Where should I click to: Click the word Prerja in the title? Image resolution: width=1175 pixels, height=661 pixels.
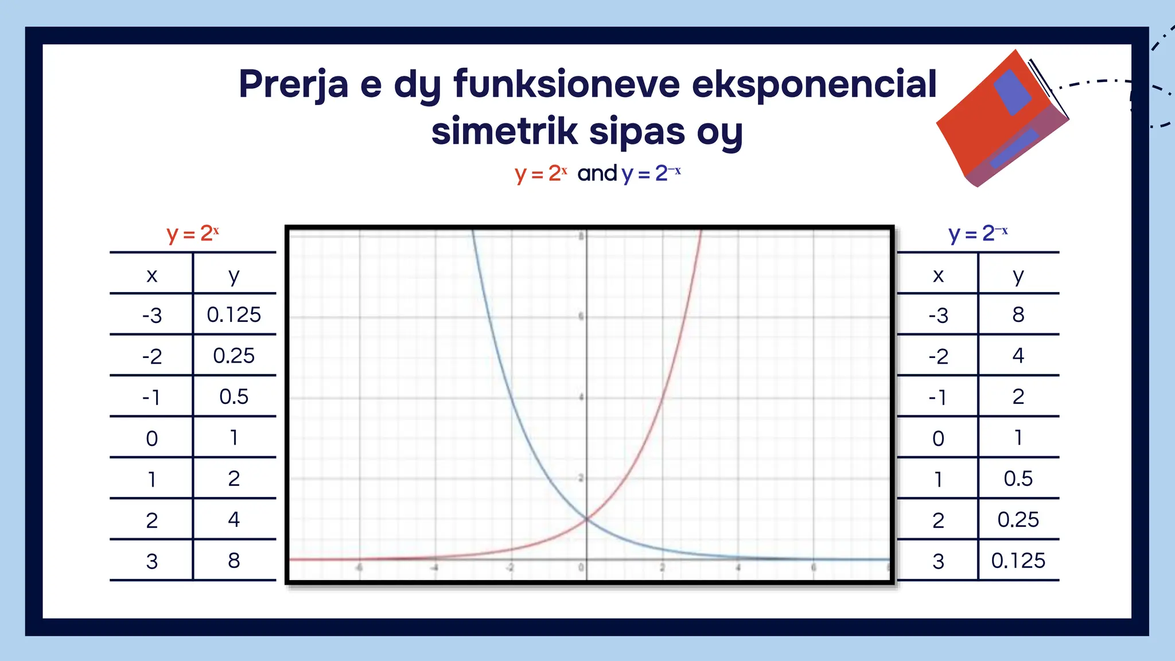point(293,85)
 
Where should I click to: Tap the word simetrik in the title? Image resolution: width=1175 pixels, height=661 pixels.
point(504,131)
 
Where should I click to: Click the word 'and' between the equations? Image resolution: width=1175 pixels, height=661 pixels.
point(597,173)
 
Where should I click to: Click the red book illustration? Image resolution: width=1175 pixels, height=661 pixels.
point(1001,120)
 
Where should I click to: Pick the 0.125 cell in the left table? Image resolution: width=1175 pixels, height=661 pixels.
point(234,315)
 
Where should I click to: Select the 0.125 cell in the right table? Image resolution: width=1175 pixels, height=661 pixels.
point(1018,561)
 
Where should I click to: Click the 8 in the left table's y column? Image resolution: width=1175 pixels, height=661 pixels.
point(234,561)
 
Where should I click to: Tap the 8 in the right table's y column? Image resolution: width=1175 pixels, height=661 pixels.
point(1018,315)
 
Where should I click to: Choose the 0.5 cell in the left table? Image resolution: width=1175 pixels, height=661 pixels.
point(234,397)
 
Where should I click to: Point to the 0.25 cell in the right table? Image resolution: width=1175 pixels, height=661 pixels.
point(1018,520)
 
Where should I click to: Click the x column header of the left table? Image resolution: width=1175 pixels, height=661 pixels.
point(151,275)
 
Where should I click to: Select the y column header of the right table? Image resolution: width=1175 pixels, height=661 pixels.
point(1018,275)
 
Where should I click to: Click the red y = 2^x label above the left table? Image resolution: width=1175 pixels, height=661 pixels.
point(193,234)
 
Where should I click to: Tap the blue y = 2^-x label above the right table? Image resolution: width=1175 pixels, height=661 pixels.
point(978,234)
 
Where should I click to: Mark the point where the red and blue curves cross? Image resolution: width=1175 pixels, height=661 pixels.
point(586,519)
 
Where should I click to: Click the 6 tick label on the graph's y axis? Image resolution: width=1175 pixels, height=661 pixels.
point(581,316)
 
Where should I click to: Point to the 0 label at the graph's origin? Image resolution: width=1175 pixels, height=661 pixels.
point(581,567)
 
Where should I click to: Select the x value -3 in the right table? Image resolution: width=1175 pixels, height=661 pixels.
point(938,315)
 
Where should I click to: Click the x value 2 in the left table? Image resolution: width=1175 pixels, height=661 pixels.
point(151,520)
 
